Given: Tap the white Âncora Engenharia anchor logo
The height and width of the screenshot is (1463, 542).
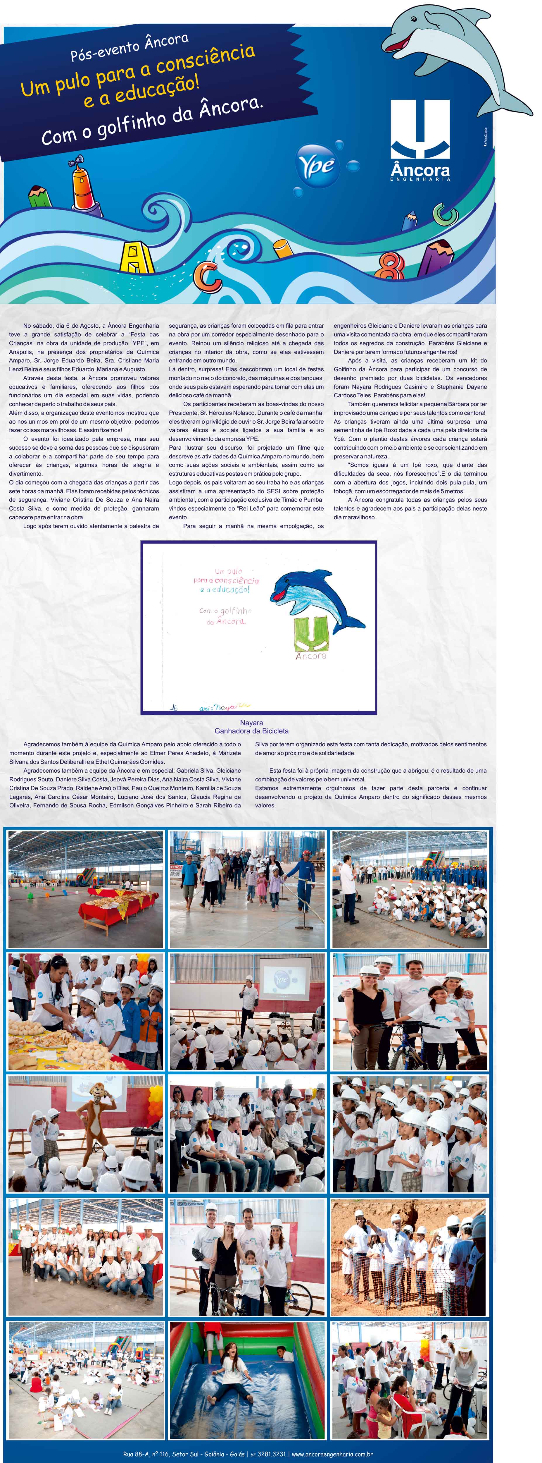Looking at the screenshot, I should (420, 130).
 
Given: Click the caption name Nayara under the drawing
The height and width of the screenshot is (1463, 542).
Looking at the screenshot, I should (251, 723).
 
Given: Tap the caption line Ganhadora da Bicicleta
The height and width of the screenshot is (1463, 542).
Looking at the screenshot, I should (251, 731).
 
